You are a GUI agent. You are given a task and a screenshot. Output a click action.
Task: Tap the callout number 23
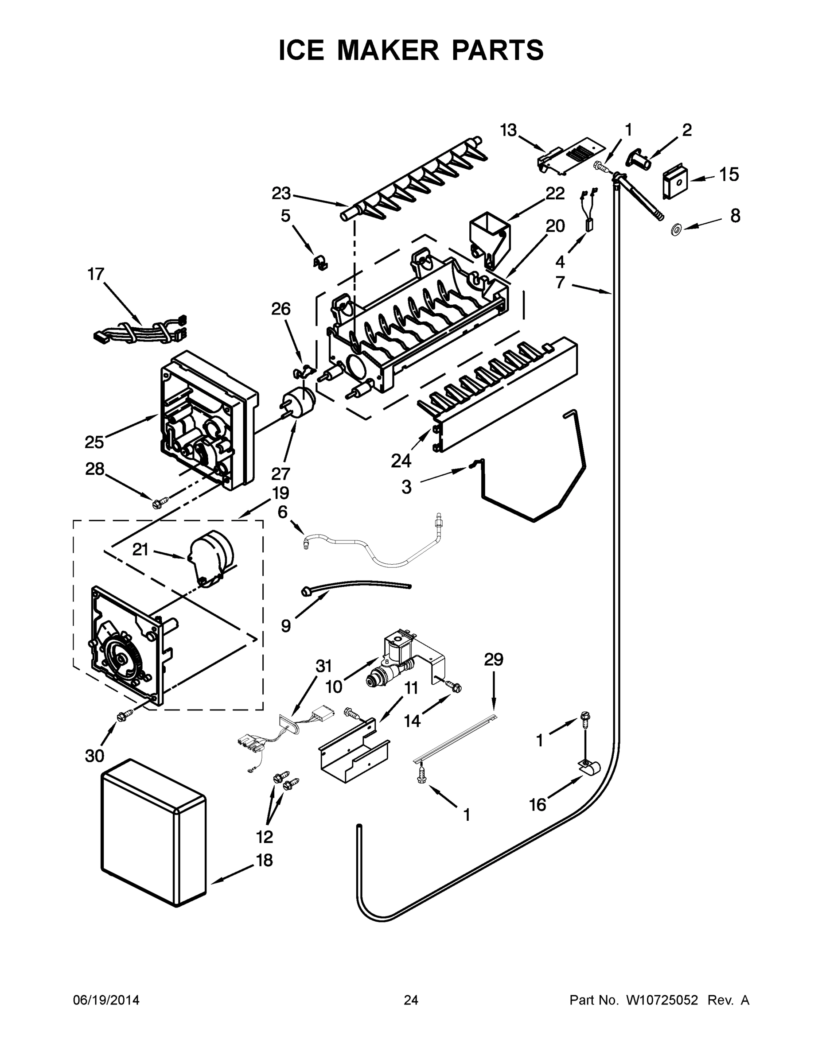(x=281, y=194)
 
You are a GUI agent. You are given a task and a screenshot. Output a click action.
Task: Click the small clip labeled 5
(x=320, y=262)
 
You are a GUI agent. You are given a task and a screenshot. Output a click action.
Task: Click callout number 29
(x=493, y=660)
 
